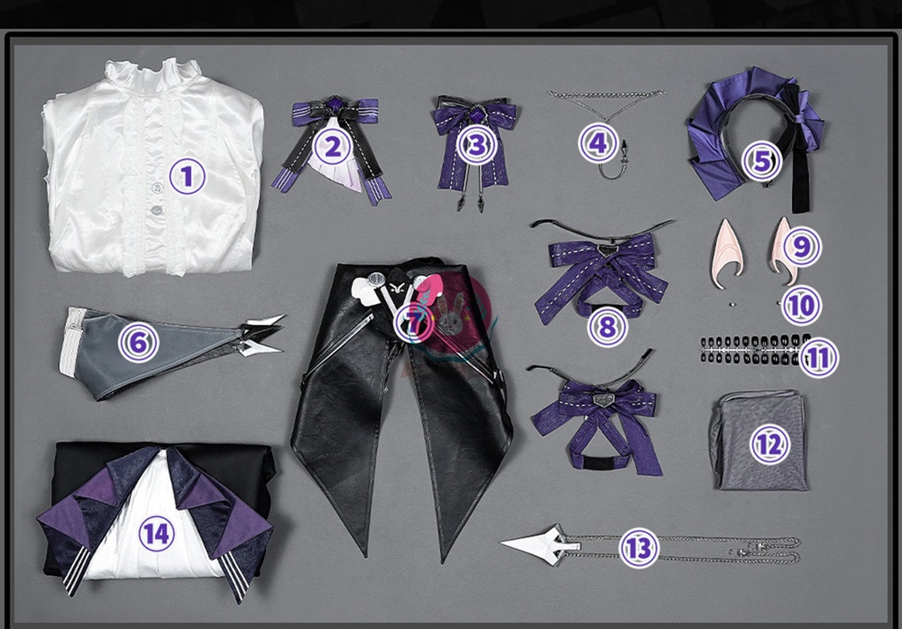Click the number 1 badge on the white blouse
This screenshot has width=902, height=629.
point(187,176)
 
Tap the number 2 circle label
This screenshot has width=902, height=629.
point(333,147)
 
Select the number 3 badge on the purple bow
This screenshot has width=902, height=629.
point(477,145)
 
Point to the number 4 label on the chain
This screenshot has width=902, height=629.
point(598,143)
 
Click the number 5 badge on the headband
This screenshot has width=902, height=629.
point(762,160)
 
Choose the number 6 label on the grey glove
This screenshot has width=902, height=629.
point(138,343)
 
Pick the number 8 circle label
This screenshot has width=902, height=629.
point(608,327)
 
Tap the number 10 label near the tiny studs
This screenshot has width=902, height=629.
point(802,306)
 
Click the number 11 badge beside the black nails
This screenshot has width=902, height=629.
point(818,358)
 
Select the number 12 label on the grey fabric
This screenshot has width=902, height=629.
point(770,444)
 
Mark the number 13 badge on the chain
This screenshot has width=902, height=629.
point(640,548)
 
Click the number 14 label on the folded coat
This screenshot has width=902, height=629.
point(157,533)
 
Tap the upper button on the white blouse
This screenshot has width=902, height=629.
point(157,188)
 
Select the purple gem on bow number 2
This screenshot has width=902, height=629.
point(334,104)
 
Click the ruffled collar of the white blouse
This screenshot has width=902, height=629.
point(153,75)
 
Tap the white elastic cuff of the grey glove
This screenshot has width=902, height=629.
point(71,342)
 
